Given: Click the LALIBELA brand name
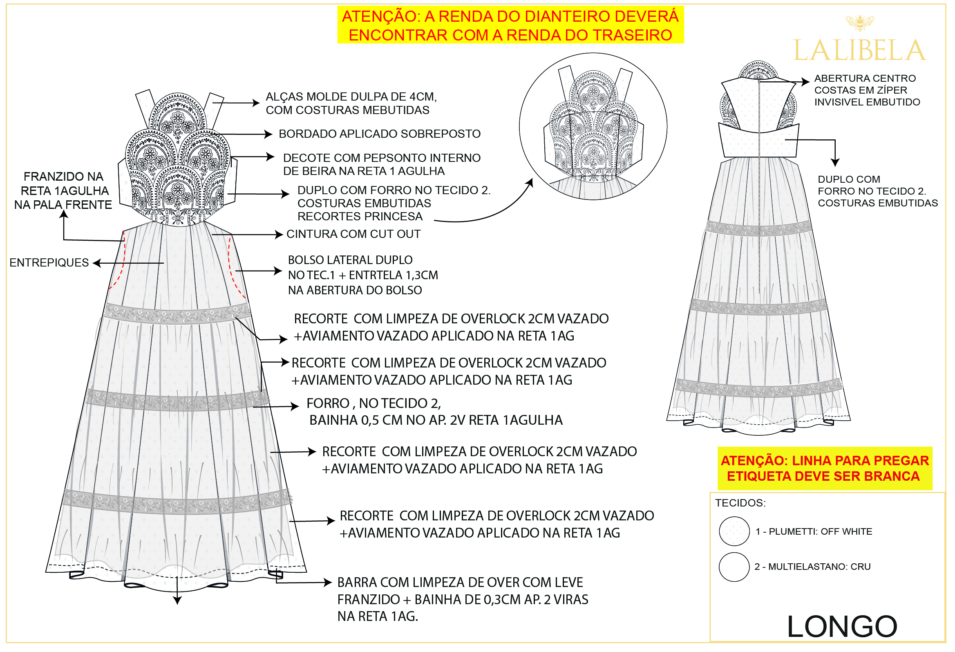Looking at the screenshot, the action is click(860, 50).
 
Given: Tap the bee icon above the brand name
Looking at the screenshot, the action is click(860, 22).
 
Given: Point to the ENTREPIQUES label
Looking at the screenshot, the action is click(49, 263).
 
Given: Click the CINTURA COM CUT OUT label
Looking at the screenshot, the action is click(354, 234).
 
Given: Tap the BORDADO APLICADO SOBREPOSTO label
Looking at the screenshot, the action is click(380, 134).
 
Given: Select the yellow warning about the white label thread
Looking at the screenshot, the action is click(825, 468).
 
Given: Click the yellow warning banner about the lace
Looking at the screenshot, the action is click(511, 25).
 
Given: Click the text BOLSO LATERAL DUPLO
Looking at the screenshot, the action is click(351, 260).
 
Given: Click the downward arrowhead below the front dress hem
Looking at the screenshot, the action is click(177, 601).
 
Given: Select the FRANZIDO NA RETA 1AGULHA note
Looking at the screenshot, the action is click(63, 191).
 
